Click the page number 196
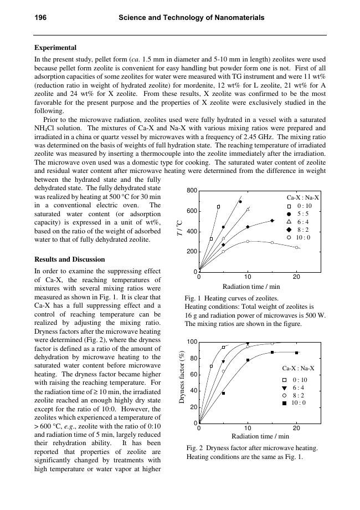tap(40, 18)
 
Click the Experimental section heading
tap(55, 48)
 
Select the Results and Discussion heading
tap(69, 259)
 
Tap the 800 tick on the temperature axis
tap(192, 191)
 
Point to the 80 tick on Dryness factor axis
tap(193, 358)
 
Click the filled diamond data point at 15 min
tap(272, 221)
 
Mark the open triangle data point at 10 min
tap(248, 209)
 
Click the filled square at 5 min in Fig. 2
tap(223, 393)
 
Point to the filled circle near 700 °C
tap(240, 202)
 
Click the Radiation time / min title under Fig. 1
tap(251, 287)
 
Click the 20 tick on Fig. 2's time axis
tap(296, 429)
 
